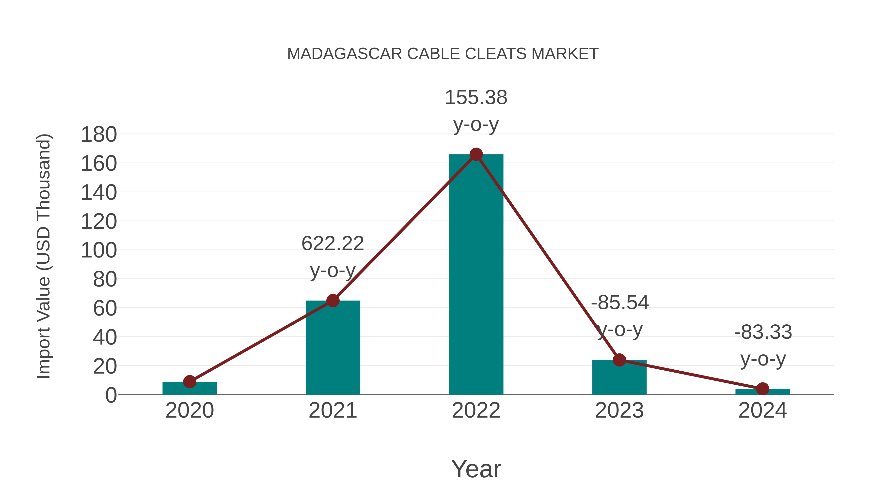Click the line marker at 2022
click(x=476, y=155)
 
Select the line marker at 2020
click(x=190, y=381)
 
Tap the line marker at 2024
click(x=762, y=389)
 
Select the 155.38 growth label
click(x=476, y=98)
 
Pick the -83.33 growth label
click(x=763, y=332)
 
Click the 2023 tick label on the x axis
click(x=619, y=411)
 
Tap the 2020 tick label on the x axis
click(x=190, y=411)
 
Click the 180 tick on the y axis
click(x=99, y=135)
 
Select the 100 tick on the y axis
click(x=99, y=251)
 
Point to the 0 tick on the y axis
click(x=111, y=395)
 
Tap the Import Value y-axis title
click(x=44, y=256)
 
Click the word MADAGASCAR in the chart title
click(x=344, y=54)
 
